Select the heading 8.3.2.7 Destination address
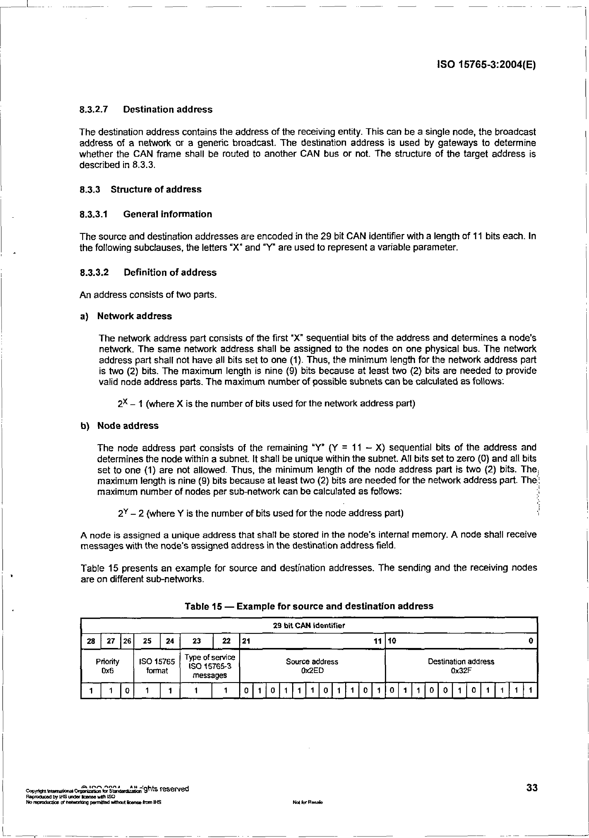pos(146,109)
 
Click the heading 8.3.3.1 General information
pos(146,214)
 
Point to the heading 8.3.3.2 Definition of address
pos(148,273)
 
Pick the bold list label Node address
pos(128,426)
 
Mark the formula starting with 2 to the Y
pos(261,514)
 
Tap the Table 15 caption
pos(309,606)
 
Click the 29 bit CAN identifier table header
pos(309,626)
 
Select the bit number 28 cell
pos(91,641)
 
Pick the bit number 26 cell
pos(127,641)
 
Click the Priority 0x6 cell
pos(107,666)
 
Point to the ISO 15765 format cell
pos(157,666)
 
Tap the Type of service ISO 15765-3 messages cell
pos(210,666)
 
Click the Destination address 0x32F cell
pos(461,666)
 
